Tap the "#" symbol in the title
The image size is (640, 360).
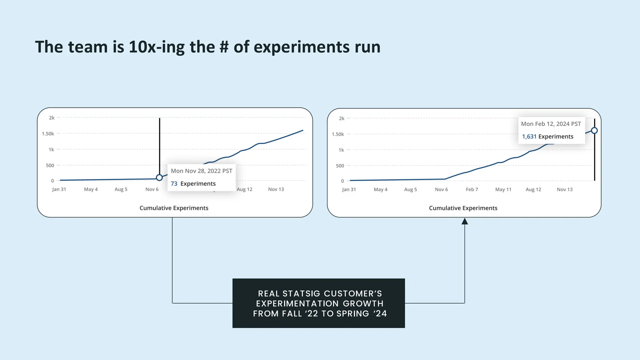tap(224, 47)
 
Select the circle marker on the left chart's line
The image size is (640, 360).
tap(159, 177)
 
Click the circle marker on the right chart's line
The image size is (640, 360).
tap(594, 131)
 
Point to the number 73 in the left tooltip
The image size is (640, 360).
tap(174, 184)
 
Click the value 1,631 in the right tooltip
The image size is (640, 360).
tap(529, 137)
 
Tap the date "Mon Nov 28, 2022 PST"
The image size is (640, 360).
tap(202, 171)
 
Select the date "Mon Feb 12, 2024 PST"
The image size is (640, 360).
tap(551, 124)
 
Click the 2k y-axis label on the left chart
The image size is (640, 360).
tap(52, 118)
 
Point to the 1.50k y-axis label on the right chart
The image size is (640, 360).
tap(338, 134)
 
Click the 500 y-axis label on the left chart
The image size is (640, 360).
tap(50, 165)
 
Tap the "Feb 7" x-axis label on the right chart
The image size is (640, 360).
tap(472, 189)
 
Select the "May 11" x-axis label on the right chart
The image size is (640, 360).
tap(503, 189)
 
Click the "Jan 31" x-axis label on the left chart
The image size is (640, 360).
tap(59, 189)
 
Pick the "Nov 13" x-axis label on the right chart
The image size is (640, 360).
tap(565, 189)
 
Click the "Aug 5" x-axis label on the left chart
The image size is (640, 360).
tap(121, 189)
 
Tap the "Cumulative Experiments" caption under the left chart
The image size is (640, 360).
tap(174, 208)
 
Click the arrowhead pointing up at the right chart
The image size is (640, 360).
tap(465, 221)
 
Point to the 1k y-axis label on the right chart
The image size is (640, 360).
tap(341, 150)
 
